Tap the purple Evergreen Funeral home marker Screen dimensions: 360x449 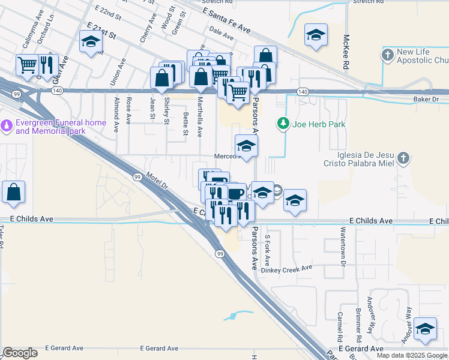click(7, 126)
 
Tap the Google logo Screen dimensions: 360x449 click(20, 353)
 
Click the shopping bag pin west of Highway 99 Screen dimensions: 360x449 click(14, 192)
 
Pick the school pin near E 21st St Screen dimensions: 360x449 click(91, 42)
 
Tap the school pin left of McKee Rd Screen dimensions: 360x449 click(315, 35)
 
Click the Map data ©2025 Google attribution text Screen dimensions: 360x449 click(412, 355)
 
